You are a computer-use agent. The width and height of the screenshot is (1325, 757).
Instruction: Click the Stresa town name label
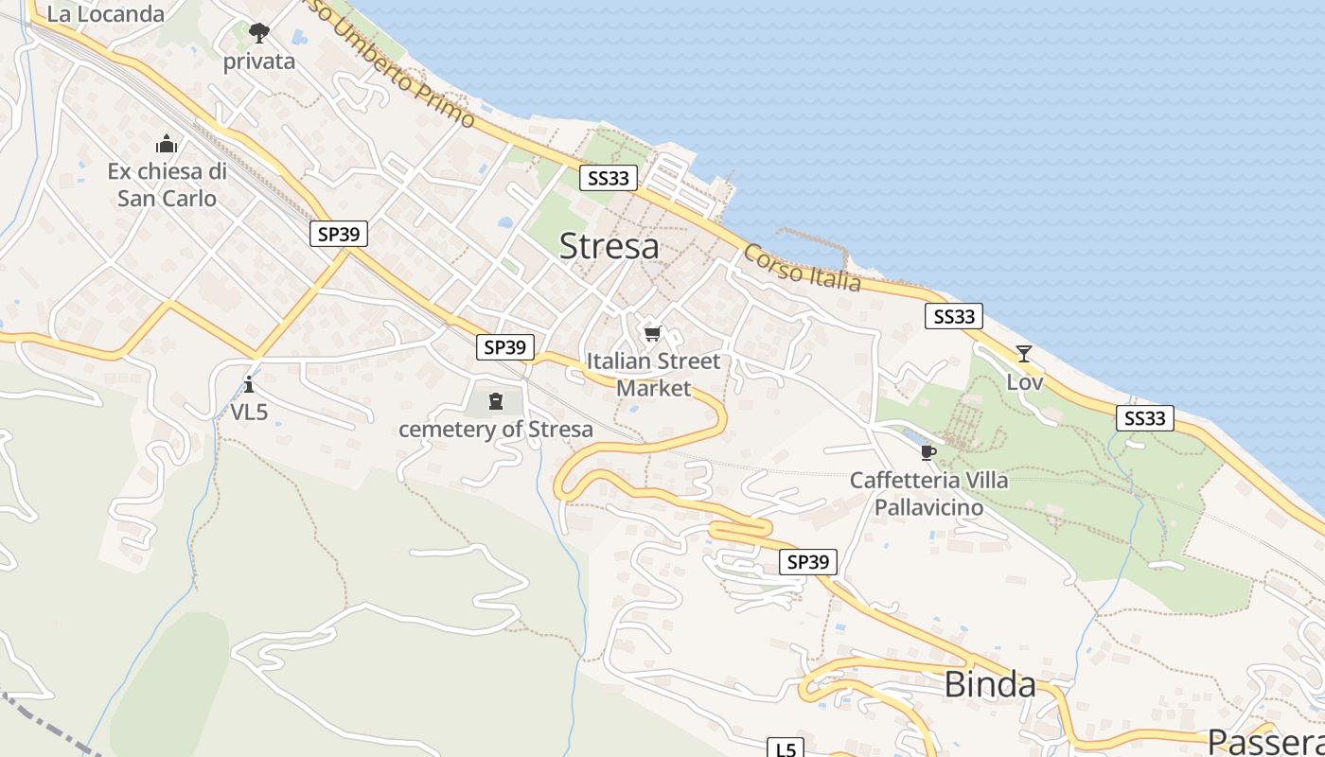[609, 246]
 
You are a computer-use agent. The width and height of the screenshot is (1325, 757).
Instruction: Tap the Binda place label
[990, 684]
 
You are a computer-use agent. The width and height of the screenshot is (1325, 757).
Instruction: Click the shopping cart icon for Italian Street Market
[652, 333]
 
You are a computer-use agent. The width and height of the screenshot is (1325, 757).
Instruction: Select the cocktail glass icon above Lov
[1023, 354]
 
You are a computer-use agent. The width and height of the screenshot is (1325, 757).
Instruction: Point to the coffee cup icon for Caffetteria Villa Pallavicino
[927, 452]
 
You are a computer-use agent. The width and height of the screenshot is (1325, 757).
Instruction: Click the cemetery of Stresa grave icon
[495, 401]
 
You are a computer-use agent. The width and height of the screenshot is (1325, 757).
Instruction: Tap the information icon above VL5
[249, 384]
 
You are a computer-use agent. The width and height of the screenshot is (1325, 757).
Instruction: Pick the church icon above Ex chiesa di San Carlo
[167, 144]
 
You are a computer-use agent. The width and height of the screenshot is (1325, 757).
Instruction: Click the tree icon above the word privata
[258, 34]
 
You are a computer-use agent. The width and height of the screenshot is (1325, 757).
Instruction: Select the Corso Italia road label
[802, 268]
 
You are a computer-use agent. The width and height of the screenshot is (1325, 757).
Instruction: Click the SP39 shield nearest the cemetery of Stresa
[504, 347]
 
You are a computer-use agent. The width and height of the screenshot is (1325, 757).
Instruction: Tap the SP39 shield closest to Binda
[808, 562]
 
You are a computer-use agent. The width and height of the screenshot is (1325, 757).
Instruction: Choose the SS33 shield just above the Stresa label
[608, 177]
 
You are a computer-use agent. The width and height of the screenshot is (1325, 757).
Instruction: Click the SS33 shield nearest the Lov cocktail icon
[953, 316]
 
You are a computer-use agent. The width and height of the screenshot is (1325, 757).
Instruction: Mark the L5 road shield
[785, 748]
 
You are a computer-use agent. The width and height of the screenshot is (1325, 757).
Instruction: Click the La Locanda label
[105, 13]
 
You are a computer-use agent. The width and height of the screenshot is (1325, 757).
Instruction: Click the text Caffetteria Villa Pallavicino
[928, 493]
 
